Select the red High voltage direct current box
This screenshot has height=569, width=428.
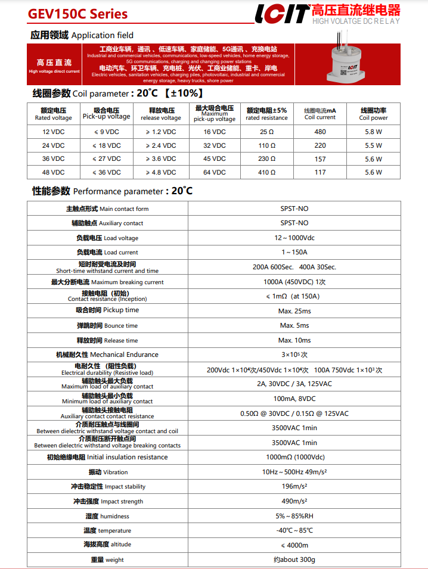pos(54,66)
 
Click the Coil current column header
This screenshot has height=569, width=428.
pos(320,114)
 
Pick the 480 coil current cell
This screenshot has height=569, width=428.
pos(320,132)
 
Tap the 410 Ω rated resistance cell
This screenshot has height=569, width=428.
pos(266,172)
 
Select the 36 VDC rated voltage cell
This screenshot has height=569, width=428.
pos(54,159)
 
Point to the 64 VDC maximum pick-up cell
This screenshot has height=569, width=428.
pos(215,172)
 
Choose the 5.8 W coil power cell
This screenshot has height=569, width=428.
pos(373,132)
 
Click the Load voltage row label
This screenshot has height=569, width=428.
pos(107,238)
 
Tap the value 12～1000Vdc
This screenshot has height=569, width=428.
pos(294,238)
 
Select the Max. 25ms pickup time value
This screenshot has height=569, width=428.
pos(294,311)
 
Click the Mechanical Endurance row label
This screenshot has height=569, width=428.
pos(107,355)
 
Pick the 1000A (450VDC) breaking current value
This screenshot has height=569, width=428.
pos(294,282)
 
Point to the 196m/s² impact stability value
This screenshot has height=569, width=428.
pos(294,487)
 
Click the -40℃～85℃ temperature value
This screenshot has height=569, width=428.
pos(294,530)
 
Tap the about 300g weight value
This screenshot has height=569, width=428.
pos(294,559)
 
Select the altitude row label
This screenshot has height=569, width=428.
pos(107,545)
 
